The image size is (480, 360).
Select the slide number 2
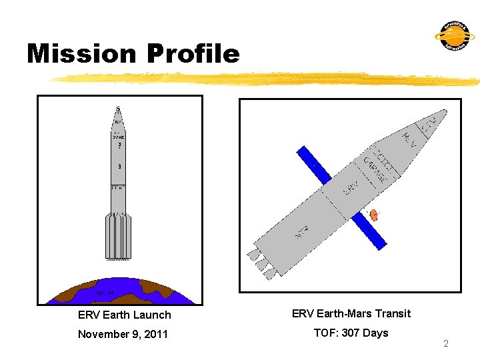[446, 344]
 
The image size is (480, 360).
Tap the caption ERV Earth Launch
[125, 315]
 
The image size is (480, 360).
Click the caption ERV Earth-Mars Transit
[351, 313]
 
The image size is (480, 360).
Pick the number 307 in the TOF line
[351, 333]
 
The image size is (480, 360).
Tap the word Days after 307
[375, 333]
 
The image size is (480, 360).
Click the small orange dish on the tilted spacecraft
[374, 215]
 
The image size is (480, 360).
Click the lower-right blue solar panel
[369, 230]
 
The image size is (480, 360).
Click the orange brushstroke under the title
[267, 79]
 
